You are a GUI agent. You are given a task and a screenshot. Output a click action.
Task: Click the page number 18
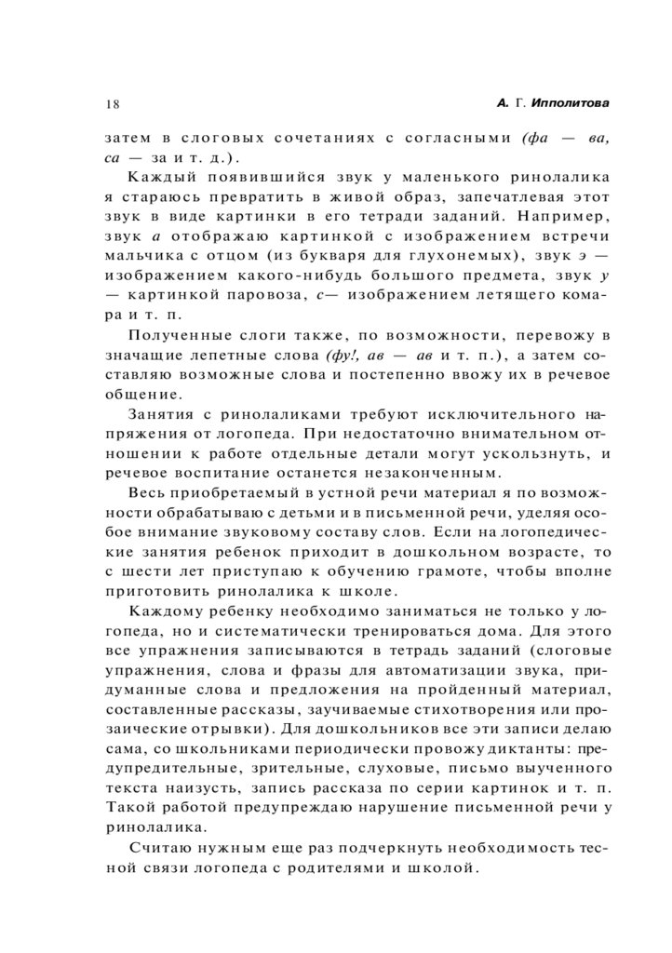coord(112,103)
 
